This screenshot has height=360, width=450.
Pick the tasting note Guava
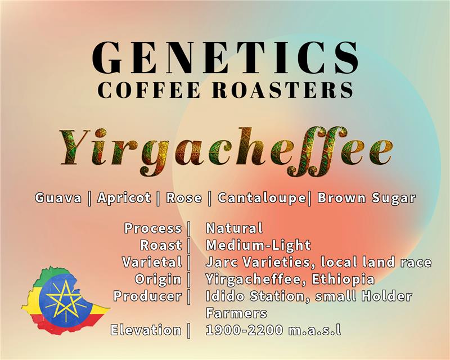[58, 198]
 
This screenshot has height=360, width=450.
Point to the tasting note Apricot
[124, 198]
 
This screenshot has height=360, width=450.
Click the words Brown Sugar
[366, 198]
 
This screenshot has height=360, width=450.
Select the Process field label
[153, 228]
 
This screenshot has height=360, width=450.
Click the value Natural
[234, 228]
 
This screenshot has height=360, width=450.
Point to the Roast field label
[161, 245]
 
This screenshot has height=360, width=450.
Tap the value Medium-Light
[258, 245]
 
